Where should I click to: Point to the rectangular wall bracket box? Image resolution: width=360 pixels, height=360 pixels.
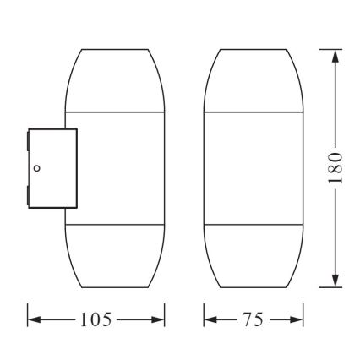pyautogui.click(x=52, y=167)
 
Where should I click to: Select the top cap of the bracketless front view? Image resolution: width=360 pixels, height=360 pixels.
pyautogui.click(x=253, y=80)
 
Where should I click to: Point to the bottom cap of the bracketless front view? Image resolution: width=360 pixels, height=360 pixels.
pyautogui.click(x=253, y=258)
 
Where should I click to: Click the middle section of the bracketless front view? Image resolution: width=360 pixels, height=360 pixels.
pyautogui.click(x=253, y=169)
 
